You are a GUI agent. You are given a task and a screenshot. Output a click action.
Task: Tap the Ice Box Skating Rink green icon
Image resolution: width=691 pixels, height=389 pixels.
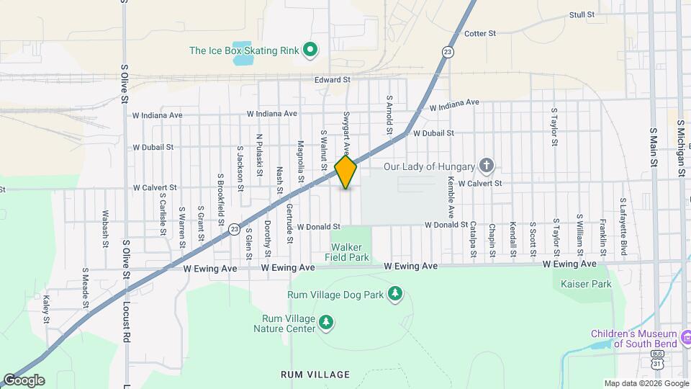(310, 50)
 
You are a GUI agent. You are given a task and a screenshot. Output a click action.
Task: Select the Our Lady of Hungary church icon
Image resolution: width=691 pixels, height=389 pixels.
(487, 166)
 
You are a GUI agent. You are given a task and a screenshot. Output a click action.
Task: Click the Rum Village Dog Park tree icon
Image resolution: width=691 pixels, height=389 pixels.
(394, 293)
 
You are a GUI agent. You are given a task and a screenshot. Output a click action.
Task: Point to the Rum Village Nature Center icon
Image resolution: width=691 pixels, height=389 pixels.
(327, 321)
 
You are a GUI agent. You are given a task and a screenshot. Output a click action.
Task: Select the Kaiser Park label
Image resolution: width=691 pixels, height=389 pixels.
(587, 284)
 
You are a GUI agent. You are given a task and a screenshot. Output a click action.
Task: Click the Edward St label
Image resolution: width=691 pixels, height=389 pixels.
(333, 80)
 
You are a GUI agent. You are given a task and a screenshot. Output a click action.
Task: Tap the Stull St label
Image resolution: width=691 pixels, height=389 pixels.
(582, 14)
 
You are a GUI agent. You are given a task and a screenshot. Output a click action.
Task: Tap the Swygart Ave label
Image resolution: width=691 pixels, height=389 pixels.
(346, 133)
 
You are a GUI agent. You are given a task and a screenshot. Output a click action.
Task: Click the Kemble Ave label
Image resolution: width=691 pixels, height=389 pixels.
(451, 197)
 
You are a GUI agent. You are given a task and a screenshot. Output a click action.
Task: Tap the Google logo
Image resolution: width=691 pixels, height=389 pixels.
(23, 380)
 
